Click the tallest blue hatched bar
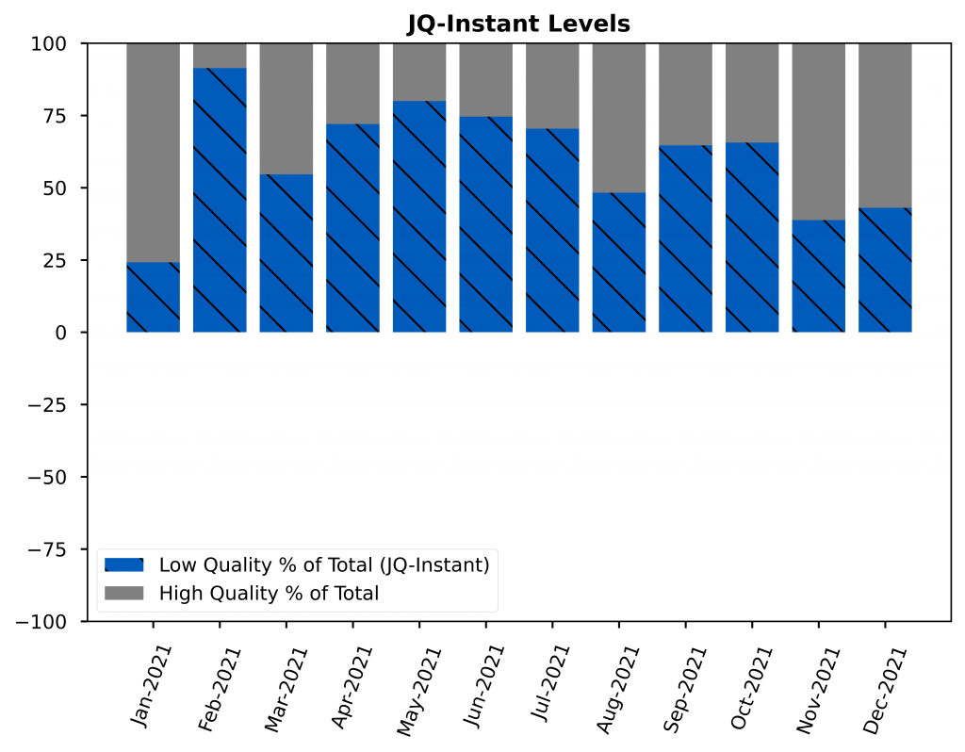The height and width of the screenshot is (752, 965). [220, 200]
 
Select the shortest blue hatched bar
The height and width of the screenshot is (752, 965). [153, 297]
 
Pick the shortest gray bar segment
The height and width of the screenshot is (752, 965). [220, 56]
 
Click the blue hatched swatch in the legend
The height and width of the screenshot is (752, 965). [123, 565]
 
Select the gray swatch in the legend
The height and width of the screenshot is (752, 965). [123, 594]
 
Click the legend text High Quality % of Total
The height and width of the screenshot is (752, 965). [269, 594]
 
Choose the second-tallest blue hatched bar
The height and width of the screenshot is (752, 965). [419, 217]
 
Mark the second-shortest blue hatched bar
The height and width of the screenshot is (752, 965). [818, 276]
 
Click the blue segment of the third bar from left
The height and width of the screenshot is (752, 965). [286, 253]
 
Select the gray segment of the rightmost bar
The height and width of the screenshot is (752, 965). [885, 125]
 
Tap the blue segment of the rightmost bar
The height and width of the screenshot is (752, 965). [885, 270]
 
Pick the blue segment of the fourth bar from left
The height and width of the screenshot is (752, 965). [352, 228]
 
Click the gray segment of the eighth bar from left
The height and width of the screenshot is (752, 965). [619, 118]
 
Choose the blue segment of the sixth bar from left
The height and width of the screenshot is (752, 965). [486, 224]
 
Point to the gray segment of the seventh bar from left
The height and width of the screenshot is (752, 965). [552, 86]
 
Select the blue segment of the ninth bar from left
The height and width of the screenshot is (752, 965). [685, 238]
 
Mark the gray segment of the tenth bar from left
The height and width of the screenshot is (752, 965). [752, 93]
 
